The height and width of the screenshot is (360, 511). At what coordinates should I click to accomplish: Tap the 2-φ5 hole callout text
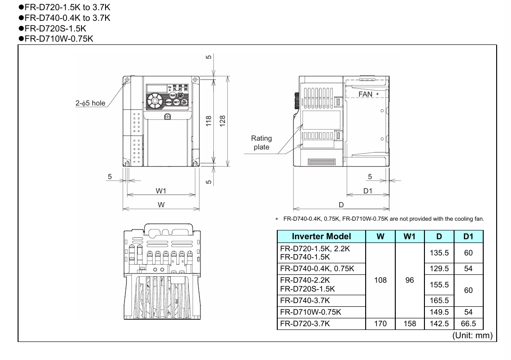(91, 103)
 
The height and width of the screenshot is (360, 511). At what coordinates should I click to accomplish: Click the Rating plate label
(262, 143)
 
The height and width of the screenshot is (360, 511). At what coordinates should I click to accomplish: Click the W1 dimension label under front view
(161, 190)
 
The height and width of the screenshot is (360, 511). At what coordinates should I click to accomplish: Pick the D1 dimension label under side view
(368, 190)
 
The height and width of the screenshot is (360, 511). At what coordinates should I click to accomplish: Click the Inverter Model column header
(321, 236)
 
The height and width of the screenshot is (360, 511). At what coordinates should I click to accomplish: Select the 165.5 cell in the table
(439, 300)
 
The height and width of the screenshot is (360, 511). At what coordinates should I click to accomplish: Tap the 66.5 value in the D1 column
(468, 323)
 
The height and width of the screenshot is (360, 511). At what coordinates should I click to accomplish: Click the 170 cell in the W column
(380, 323)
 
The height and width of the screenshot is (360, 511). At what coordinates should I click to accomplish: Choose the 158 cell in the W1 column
(410, 323)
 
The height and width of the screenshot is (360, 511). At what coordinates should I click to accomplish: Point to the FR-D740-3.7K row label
(305, 300)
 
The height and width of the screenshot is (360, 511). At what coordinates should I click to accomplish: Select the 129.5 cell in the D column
(439, 268)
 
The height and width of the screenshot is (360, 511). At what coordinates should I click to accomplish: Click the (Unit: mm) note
(472, 335)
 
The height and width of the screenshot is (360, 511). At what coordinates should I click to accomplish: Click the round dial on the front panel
(153, 101)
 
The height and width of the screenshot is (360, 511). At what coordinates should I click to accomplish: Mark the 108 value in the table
(380, 280)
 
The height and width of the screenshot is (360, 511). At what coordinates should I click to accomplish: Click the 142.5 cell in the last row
(439, 323)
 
